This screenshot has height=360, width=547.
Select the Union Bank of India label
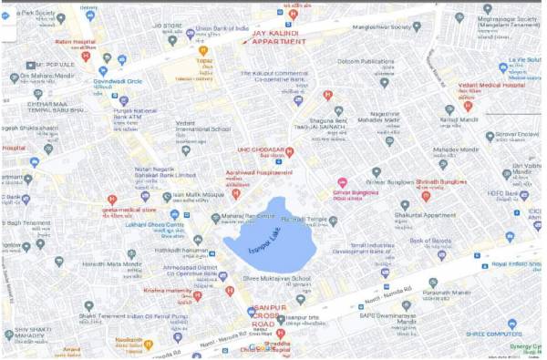223,28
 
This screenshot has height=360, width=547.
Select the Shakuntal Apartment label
425,216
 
